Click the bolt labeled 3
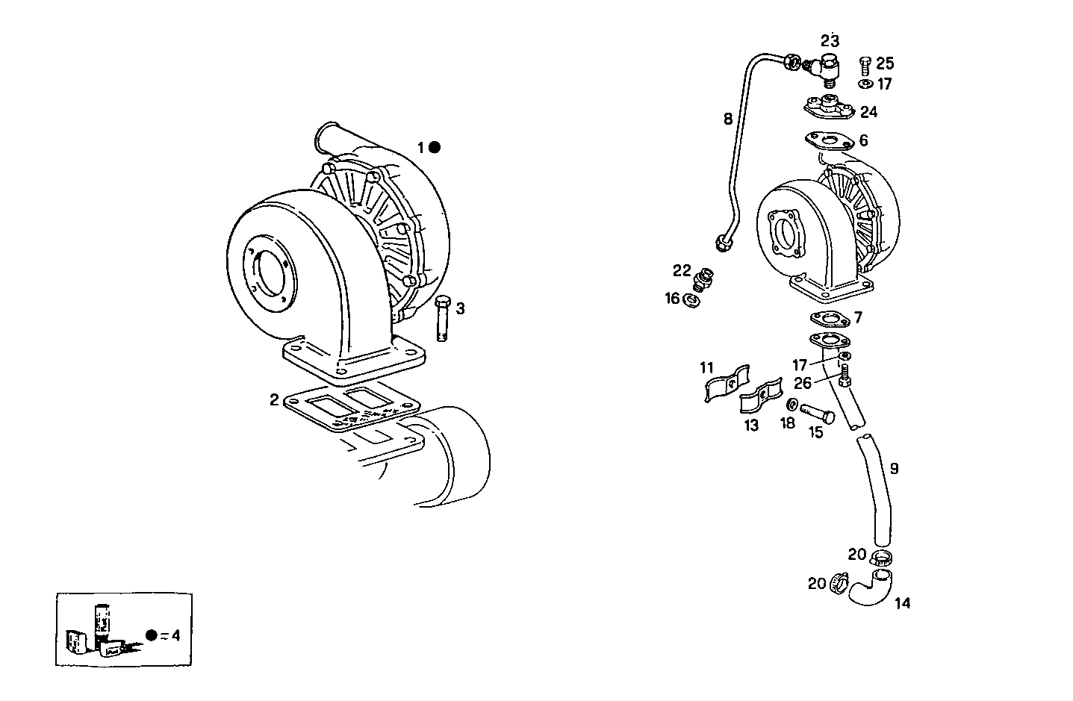coord(441,319)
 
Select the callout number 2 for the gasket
coord(275,400)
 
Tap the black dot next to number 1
coord(435,148)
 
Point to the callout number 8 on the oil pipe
coord(727,118)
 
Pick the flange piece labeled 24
coord(828,106)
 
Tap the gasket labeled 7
coord(829,320)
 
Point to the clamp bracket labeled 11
coord(725,382)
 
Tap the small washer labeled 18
coord(790,405)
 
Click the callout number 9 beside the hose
coord(894,469)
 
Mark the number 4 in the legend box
coord(175,635)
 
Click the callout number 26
coord(803,383)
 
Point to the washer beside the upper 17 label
coord(866,84)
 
